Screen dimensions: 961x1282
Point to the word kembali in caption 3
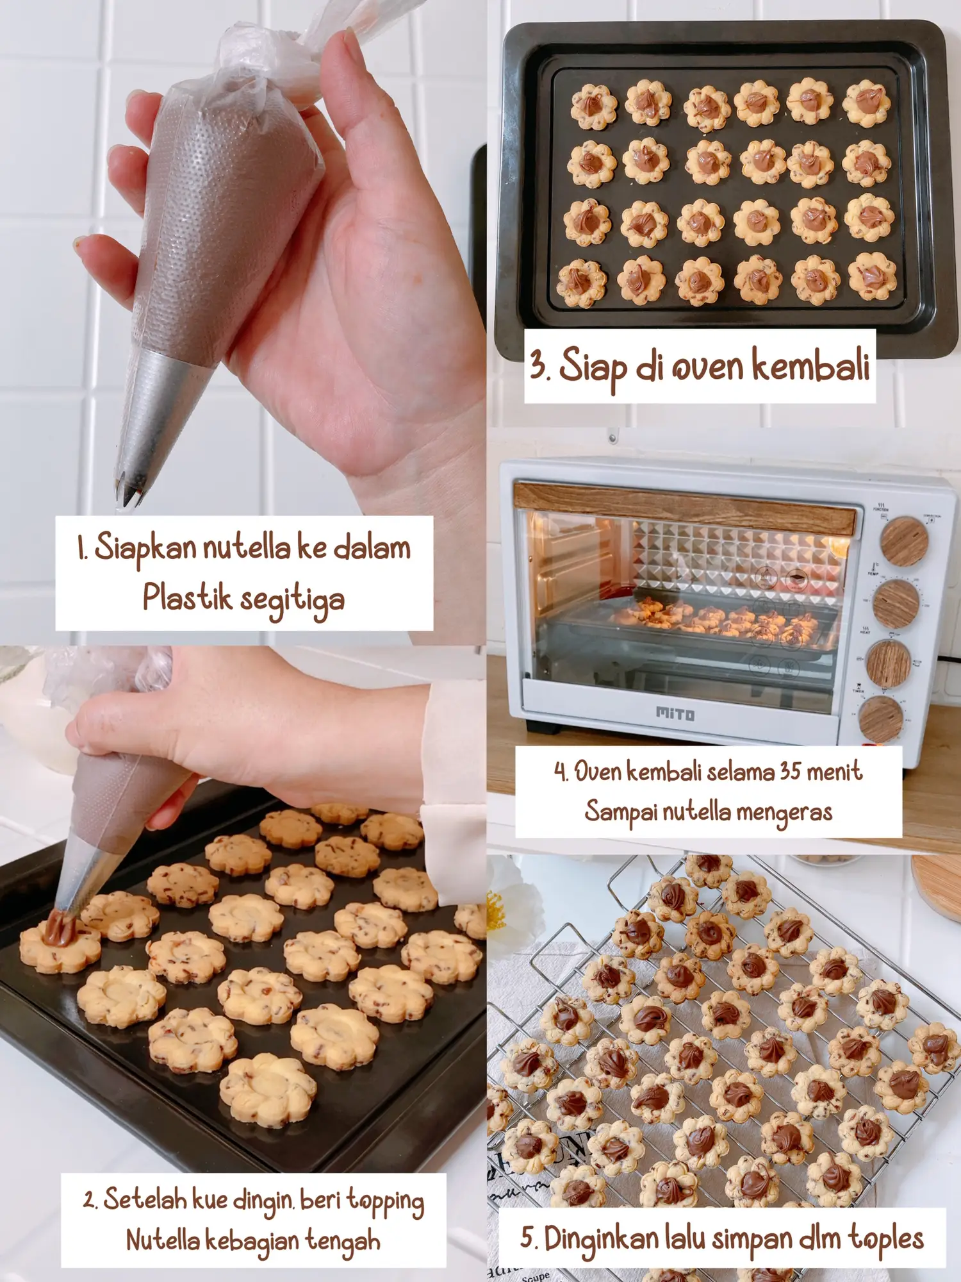(810, 365)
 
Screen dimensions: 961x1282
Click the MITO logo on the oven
(675, 713)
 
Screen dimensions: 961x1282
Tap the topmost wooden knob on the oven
(904, 541)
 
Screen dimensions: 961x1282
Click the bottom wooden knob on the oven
(880, 719)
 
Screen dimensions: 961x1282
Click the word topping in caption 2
(385, 1201)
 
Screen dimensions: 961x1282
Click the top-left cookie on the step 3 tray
(594, 106)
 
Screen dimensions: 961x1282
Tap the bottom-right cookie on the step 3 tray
(872, 276)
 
